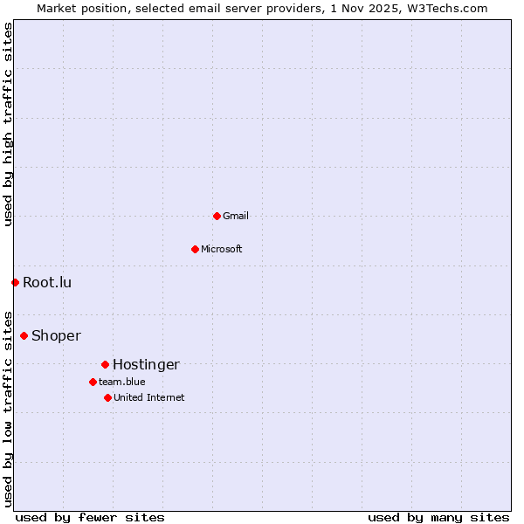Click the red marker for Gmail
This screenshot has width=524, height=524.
[217, 216]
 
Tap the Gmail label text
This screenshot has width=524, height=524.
[236, 216]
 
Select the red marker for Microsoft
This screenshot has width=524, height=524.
[195, 249]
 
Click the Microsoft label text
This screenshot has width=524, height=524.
[222, 249]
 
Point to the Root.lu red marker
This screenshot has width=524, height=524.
[15, 282]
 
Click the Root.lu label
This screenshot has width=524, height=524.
[47, 282]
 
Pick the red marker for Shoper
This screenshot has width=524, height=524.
[24, 335]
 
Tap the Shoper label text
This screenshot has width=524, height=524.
[56, 335]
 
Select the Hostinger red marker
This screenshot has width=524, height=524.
[105, 364]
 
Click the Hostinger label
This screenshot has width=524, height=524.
[146, 364]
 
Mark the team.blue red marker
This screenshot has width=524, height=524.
[93, 382]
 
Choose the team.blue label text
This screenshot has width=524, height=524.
[122, 382]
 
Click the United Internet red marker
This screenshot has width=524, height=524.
[107, 397]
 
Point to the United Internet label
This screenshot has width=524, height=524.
[149, 397]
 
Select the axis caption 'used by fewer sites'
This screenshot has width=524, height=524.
[90, 517]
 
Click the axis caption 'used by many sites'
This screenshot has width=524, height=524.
[438, 517]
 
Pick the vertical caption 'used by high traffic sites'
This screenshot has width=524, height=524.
[8, 124]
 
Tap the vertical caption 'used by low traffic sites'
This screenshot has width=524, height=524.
[8, 408]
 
